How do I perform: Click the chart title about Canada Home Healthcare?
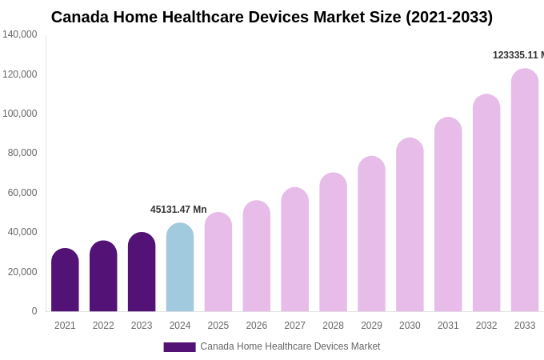pyautogui.click(x=272, y=17)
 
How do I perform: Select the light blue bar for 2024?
pyautogui.click(x=180, y=268)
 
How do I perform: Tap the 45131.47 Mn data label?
pyautogui.click(x=178, y=210)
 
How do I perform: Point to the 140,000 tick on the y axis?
pyautogui.click(x=20, y=34)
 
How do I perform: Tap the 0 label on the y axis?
pyautogui.click(x=34, y=311)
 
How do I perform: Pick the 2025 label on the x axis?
pyautogui.click(x=218, y=326)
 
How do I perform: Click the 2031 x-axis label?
pyautogui.click(x=448, y=326)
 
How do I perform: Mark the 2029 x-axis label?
pyautogui.click(x=371, y=326)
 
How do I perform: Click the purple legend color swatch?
pyautogui.click(x=179, y=347)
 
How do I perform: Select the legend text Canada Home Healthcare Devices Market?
pyautogui.click(x=290, y=346)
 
